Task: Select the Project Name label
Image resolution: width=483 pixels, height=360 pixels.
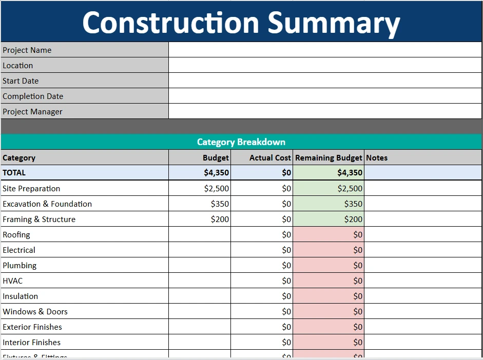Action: [27, 50]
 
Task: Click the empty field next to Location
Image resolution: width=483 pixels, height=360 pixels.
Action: [325, 65]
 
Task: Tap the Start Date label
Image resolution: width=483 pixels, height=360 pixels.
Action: [21, 81]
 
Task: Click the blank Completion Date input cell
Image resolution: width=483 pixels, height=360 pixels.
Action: [325, 96]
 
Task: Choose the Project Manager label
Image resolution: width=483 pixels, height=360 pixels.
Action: [32, 112]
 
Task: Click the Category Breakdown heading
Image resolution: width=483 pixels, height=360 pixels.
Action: [241, 142]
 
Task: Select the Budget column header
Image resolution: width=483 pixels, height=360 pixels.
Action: [216, 158]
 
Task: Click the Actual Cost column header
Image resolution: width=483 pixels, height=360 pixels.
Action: [270, 158]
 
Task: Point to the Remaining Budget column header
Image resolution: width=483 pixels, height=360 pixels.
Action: [329, 158]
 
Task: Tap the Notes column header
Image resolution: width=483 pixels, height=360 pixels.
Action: [377, 158]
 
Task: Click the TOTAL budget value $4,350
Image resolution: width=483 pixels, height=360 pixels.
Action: [216, 173]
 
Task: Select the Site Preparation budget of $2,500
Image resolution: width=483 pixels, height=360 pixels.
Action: [216, 189]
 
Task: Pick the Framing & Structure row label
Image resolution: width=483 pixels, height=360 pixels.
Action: [39, 219]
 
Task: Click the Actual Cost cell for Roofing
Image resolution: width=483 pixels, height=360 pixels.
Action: [262, 235]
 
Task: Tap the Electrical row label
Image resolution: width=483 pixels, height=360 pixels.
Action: [19, 250]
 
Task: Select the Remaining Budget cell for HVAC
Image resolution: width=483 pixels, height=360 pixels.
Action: [329, 281]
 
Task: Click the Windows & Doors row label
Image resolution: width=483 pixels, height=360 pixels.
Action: [35, 312]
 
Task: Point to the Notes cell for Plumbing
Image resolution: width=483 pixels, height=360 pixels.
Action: [423, 266]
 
